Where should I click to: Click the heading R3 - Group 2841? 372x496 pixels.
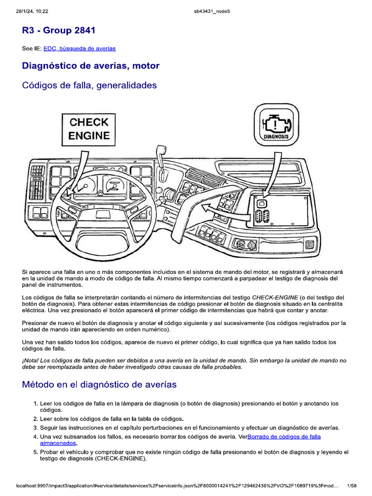[59, 31]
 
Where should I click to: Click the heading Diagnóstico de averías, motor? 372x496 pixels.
[91, 65]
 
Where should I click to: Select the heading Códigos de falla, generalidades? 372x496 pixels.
[90, 85]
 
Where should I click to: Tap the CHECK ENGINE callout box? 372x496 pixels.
[89, 128]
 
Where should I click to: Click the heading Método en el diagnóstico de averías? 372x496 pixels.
[99, 385]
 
